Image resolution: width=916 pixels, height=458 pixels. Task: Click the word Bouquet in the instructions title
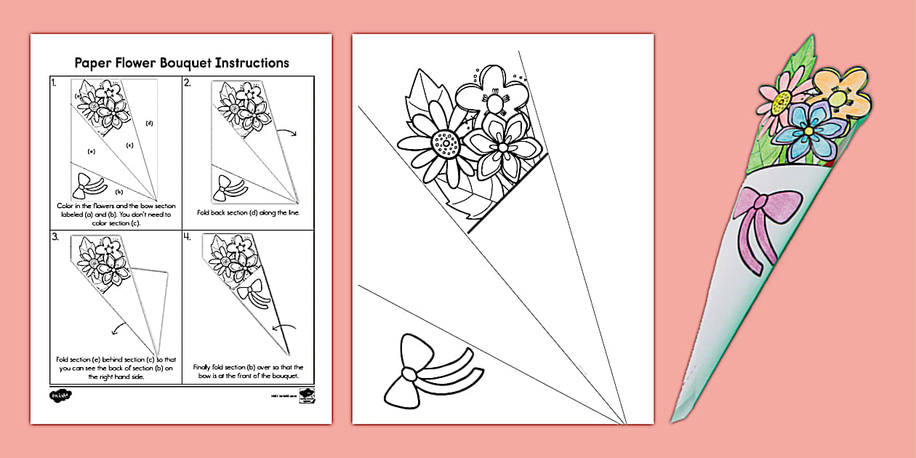[207, 63]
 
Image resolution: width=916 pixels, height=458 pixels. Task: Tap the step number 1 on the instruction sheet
[54, 83]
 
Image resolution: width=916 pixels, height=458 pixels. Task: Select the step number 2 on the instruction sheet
[188, 83]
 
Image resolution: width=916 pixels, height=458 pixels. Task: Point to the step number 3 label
[55, 237]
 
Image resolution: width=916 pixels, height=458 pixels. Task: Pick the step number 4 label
[188, 237]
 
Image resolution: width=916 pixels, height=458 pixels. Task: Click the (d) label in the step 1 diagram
[149, 123]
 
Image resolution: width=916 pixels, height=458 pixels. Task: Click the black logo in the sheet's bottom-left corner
[57, 395]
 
